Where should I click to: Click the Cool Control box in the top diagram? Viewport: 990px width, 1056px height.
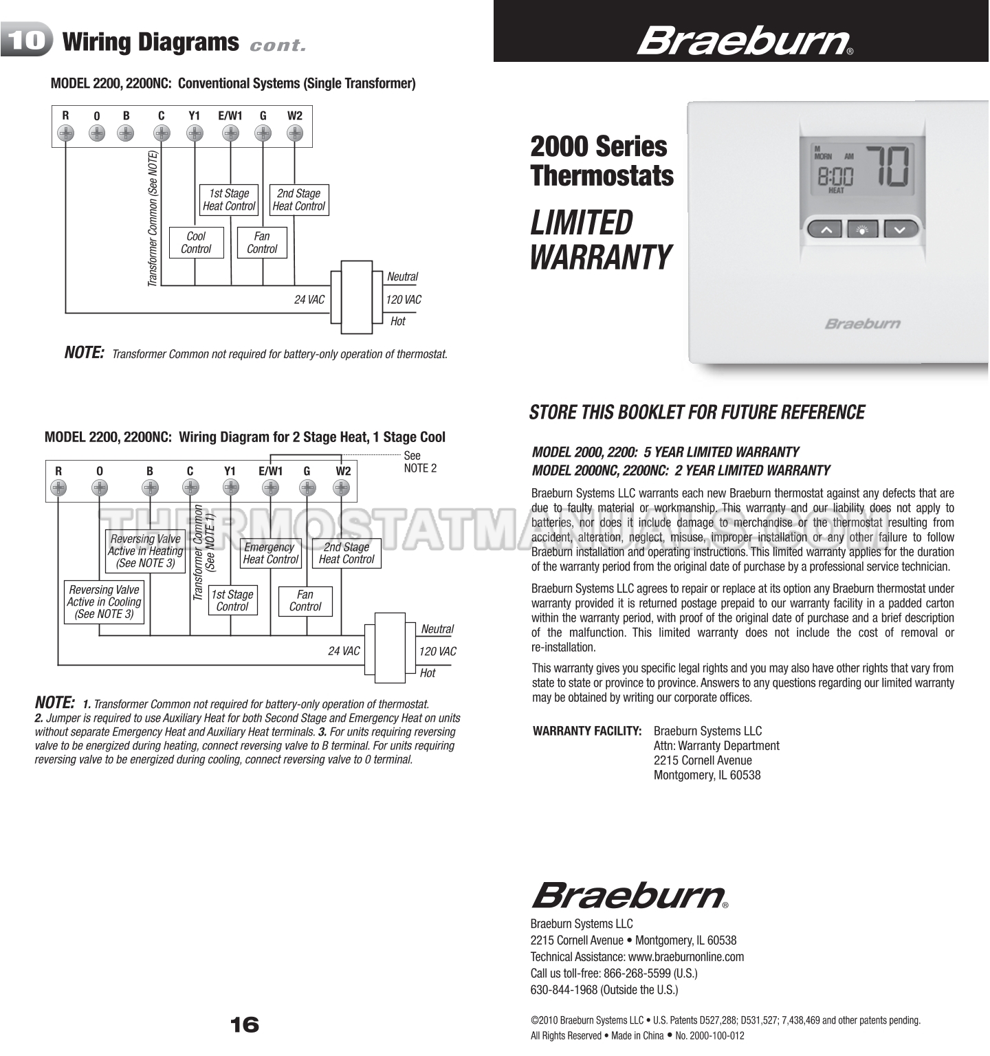pyautogui.click(x=196, y=243)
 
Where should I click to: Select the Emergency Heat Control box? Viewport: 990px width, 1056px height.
pyautogui.click(x=270, y=553)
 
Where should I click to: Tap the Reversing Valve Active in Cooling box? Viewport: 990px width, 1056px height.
pyautogui.click(x=104, y=602)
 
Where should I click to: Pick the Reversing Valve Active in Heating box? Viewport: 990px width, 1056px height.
pyautogui.click(x=145, y=551)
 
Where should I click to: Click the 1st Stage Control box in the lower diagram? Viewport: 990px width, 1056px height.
pyautogui.click(x=232, y=600)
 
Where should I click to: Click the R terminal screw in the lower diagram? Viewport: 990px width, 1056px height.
pyautogui.click(x=58, y=487)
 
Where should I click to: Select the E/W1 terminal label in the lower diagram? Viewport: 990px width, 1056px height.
pyautogui.click(x=270, y=471)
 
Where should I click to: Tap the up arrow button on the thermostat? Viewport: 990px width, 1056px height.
pyautogui.click(x=826, y=229)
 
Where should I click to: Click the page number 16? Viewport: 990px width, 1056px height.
pyautogui.click(x=245, y=1025)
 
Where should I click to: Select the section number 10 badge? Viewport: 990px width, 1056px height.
pyautogui.click(x=27, y=41)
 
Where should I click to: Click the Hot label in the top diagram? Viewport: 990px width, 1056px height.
pyautogui.click(x=397, y=321)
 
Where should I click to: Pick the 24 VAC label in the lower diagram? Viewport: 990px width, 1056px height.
pyautogui.click(x=344, y=650)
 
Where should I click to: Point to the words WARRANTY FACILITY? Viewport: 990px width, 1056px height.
pyautogui.click(x=587, y=731)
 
